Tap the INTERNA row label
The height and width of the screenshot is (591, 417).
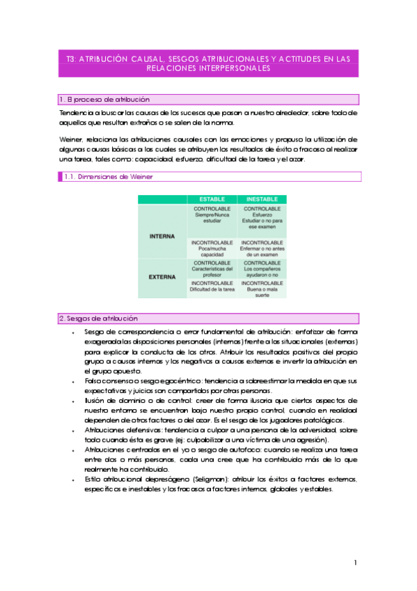(x=163, y=236)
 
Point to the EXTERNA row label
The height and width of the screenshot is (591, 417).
(x=163, y=277)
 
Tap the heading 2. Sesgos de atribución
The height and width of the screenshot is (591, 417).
(x=98, y=318)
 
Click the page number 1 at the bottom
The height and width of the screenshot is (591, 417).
(x=355, y=562)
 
